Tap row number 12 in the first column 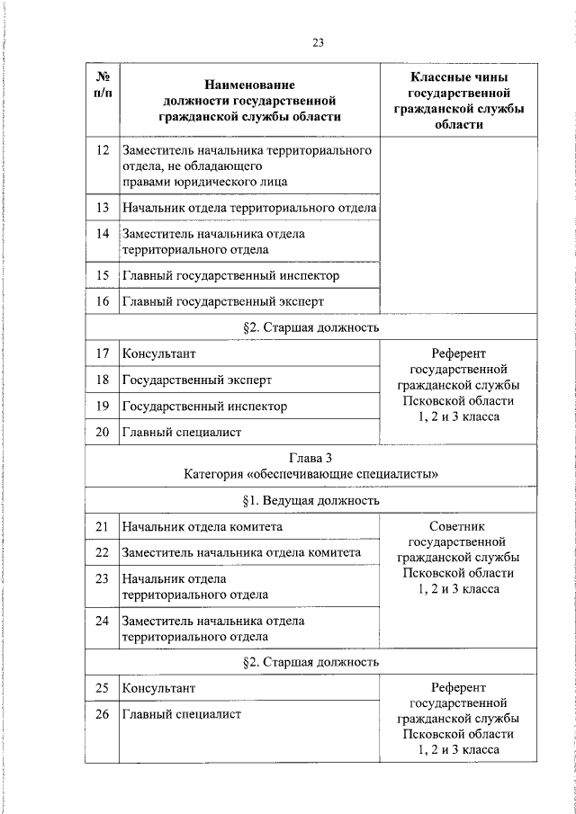coord(102,149)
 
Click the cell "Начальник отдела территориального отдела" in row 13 coord(249,208)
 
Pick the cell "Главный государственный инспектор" coord(230,275)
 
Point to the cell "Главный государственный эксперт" coord(222,301)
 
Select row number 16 coord(102,301)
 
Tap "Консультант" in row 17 coord(158,353)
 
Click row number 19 coord(102,407)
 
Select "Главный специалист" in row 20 coord(182,433)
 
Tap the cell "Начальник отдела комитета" coord(202,526)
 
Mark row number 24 coord(102,621)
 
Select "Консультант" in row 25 coord(158,688)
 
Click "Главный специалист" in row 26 coord(182,715)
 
